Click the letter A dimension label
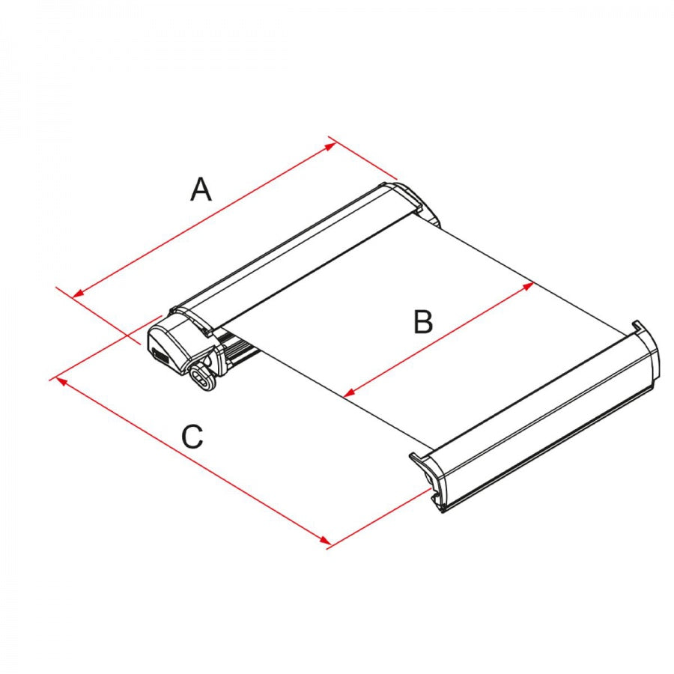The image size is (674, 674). (201, 189)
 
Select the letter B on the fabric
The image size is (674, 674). (423, 321)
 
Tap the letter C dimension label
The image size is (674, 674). (192, 437)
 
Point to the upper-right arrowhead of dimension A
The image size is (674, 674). (330, 147)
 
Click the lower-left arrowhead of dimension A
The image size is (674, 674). (77, 294)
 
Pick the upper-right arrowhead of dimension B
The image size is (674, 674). (528, 286)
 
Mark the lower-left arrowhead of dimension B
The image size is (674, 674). (349, 392)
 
